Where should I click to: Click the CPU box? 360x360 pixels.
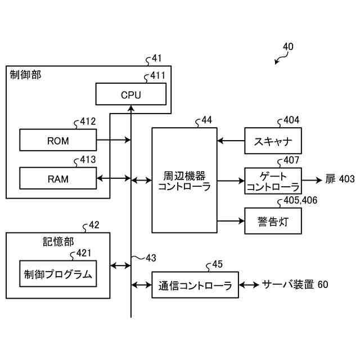[131, 94]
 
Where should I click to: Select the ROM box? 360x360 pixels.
[58, 140]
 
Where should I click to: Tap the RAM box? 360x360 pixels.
[58, 178]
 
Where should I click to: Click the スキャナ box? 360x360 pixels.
[273, 141]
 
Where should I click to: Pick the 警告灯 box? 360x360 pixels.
[273, 221]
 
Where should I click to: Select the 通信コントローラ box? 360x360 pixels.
[195, 285]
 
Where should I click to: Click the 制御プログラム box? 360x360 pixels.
[58, 274]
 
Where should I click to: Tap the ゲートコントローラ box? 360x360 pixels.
[273, 181]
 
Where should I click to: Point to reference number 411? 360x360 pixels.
[157, 75]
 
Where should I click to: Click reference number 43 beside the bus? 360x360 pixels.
[151, 258]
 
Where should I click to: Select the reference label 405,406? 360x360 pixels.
[300, 200]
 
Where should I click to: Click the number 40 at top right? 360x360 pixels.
[288, 47]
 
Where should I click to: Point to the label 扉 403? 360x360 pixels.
[340, 179]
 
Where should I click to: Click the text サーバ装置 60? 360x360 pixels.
[295, 285]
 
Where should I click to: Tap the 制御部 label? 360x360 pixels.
[25, 75]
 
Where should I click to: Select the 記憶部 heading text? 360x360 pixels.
[58, 242]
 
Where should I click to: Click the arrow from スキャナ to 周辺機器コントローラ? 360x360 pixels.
[231, 141]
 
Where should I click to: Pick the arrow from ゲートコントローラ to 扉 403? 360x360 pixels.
[312, 180]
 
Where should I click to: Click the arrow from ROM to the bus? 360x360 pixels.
[114, 139]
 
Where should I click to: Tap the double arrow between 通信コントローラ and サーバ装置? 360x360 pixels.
[249, 285]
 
